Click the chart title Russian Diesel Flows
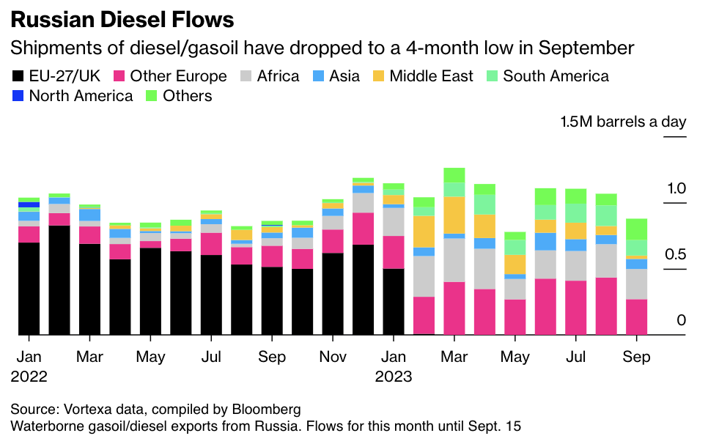pyautogui.click(x=122, y=19)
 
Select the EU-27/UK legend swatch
pyautogui.click(x=17, y=76)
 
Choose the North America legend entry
pyautogui.click(x=73, y=96)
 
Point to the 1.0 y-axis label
pyautogui.click(x=676, y=188)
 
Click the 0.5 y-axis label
pyautogui.click(x=676, y=254)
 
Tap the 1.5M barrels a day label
pyautogui.click(x=623, y=122)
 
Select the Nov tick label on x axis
pyautogui.click(x=333, y=358)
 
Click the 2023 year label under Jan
pyautogui.click(x=394, y=377)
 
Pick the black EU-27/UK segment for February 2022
pyautogui.click(x=59, y=280)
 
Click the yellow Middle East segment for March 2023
pyautogui.click(x=454, y=215)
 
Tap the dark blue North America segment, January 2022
pyautogui.click(x=29, y=205)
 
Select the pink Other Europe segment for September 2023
pyautogui.click(x=636, y=317)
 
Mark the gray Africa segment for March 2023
pyautogui.click(x=454, y=260)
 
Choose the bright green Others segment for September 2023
pyautogui.click(x=636, y=229)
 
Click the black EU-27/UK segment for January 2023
pyautogui.click(x=394, y=301)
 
